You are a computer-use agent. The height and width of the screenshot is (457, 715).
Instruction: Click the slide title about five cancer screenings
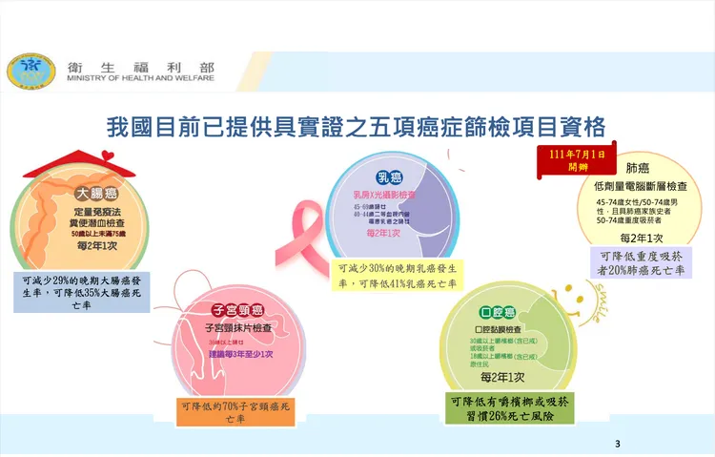pyautogui.click(x=357, y=126)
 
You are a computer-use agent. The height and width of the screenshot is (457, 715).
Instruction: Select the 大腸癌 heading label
pyautogui.click(x=97, y=191)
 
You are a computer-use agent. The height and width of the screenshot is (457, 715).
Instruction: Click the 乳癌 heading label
pyautogui.click(x=389, y=177)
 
